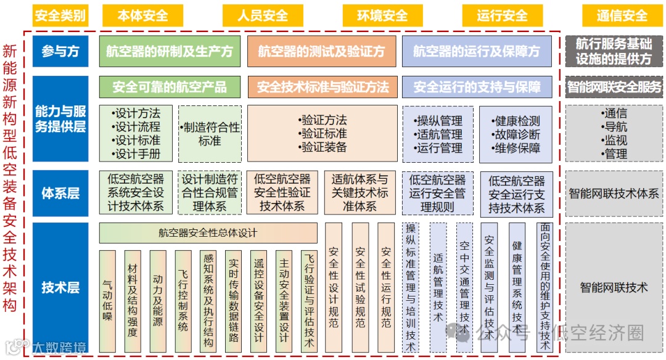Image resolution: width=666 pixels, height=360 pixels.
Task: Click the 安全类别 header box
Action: [x=60, y=15]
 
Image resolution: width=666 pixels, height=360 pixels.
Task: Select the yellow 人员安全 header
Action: [x=263, y=15]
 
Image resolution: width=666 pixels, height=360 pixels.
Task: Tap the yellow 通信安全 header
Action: [x=622, y=15]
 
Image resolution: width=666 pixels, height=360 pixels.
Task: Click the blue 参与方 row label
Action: [x=60, y=52]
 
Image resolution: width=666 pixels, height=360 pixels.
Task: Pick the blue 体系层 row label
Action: [x=60, y=194]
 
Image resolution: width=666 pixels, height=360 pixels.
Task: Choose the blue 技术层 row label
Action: [x=60, y=287]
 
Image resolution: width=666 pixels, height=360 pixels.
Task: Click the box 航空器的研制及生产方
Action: [x=170, y=52]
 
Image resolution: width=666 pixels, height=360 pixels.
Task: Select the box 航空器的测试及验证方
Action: [x=321, y=52]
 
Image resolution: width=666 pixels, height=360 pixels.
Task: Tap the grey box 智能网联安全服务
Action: [x=614, y=88]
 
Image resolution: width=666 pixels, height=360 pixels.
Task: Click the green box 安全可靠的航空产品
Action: [x=170, y=88]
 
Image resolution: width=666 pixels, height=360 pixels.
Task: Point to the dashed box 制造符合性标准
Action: [x=210, y=134]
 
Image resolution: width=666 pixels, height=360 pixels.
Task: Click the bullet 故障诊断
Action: [x=517, y=134]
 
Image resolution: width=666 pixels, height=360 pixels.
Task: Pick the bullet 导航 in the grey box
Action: [x=614, y=127]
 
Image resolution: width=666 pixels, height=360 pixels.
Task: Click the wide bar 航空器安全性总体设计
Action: [x=208, y=233]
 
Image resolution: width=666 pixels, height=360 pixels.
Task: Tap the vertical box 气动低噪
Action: [x=107, y=301]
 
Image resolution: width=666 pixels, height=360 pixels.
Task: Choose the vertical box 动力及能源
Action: [x=158, y=301]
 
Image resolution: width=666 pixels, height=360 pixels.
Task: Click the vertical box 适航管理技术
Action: [x=438, y=287]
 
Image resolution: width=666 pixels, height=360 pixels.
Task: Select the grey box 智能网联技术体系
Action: [x=614, y=194]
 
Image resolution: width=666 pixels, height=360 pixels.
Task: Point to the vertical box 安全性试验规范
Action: [x=360, y=287]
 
